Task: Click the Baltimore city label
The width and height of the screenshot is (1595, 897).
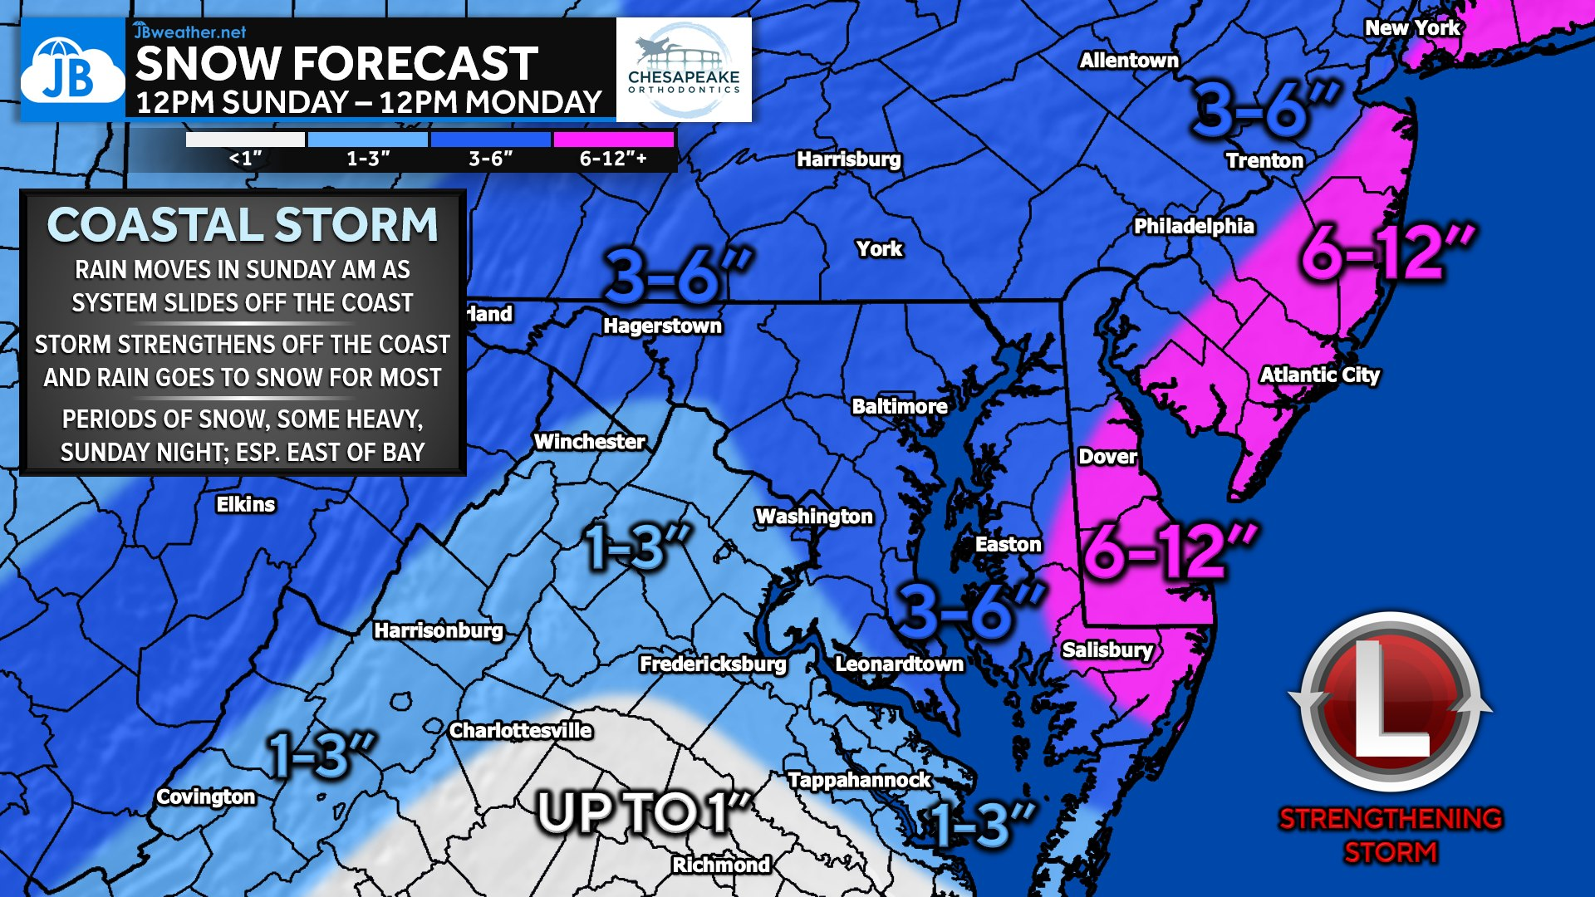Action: pos(900,406)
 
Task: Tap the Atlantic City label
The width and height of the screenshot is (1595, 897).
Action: pos(1319,375)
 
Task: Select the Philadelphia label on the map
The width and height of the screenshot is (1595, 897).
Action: pos(1194,226)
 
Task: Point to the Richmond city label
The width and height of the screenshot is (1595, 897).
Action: pos(721,865)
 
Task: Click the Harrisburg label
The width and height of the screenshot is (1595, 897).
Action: pos(848,159)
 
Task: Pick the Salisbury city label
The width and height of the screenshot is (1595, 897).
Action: pos(1107,649)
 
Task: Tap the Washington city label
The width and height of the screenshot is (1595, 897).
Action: pos(814,517)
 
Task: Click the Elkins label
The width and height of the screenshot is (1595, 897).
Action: pos(245,504)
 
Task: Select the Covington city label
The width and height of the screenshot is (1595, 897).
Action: pos(206,797)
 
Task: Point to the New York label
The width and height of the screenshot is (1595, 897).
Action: pos(1412,27)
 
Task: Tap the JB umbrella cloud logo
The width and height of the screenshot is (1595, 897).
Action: pos(71,71)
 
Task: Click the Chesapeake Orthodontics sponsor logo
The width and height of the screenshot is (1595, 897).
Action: pos(684,71)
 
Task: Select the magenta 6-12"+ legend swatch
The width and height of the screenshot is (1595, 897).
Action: pos(613,140)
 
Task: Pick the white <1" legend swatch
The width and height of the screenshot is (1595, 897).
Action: pos(245,140)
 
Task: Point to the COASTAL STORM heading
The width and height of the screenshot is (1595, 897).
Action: pos(243,225)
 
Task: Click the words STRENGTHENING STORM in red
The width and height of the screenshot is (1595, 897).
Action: pos(1390,835)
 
